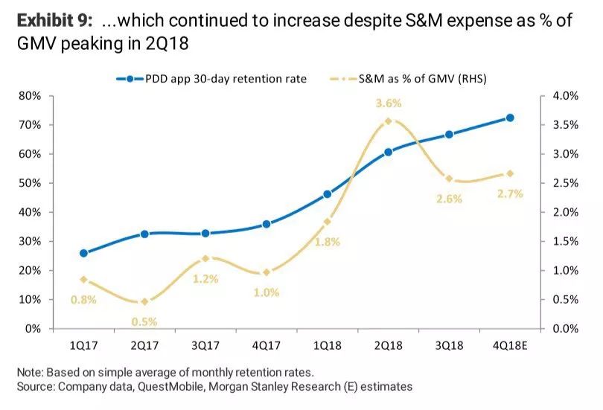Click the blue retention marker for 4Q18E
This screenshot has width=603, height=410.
click(510, 118)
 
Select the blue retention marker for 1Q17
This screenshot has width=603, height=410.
click(83, 253)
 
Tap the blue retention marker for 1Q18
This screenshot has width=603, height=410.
click(328, 194)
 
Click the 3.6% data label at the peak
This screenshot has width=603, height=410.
click(388, 103)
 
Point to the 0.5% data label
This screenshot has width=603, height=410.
click(145, 321)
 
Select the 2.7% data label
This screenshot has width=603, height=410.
click(510, 193)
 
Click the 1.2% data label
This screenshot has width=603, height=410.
click(205, 279)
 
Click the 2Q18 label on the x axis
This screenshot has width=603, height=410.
click(388, 346)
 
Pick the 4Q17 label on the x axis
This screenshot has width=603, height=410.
click(266, 346)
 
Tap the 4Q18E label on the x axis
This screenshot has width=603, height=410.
click(510, 346)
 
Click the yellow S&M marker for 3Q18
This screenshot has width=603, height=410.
click(449, 179)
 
